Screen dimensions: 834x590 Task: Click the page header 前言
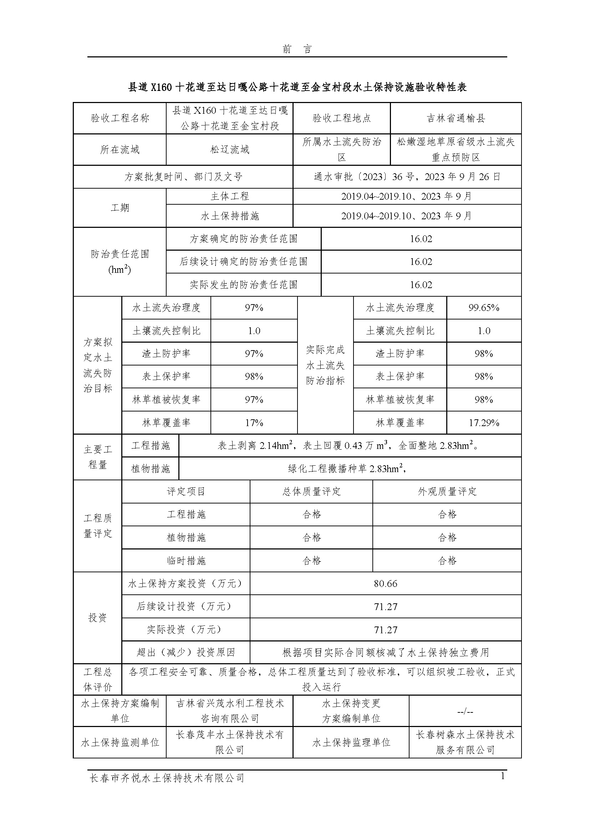[297, 50]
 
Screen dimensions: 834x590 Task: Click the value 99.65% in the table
[484, 308]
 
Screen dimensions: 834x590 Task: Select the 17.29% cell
[484, 423]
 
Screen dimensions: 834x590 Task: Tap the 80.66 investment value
[386, 583]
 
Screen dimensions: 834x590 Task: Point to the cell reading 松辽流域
[230, 149]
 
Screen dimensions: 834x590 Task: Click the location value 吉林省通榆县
[456, 118]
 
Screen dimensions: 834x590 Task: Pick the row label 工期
[119, 208]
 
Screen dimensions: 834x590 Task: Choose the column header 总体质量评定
[311, 491]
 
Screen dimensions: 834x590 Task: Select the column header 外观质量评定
[447, 491]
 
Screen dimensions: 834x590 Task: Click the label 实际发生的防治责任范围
[243, 285]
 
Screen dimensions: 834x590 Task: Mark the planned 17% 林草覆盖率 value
[254, 423]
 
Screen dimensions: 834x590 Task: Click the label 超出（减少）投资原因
[185, 653]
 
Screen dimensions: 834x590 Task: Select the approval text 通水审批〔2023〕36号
[363, 177]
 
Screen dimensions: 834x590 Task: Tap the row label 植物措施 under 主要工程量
[151, 469]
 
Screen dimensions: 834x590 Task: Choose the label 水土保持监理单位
[351, 742]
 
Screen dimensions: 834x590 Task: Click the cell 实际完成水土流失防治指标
[325, 365]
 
